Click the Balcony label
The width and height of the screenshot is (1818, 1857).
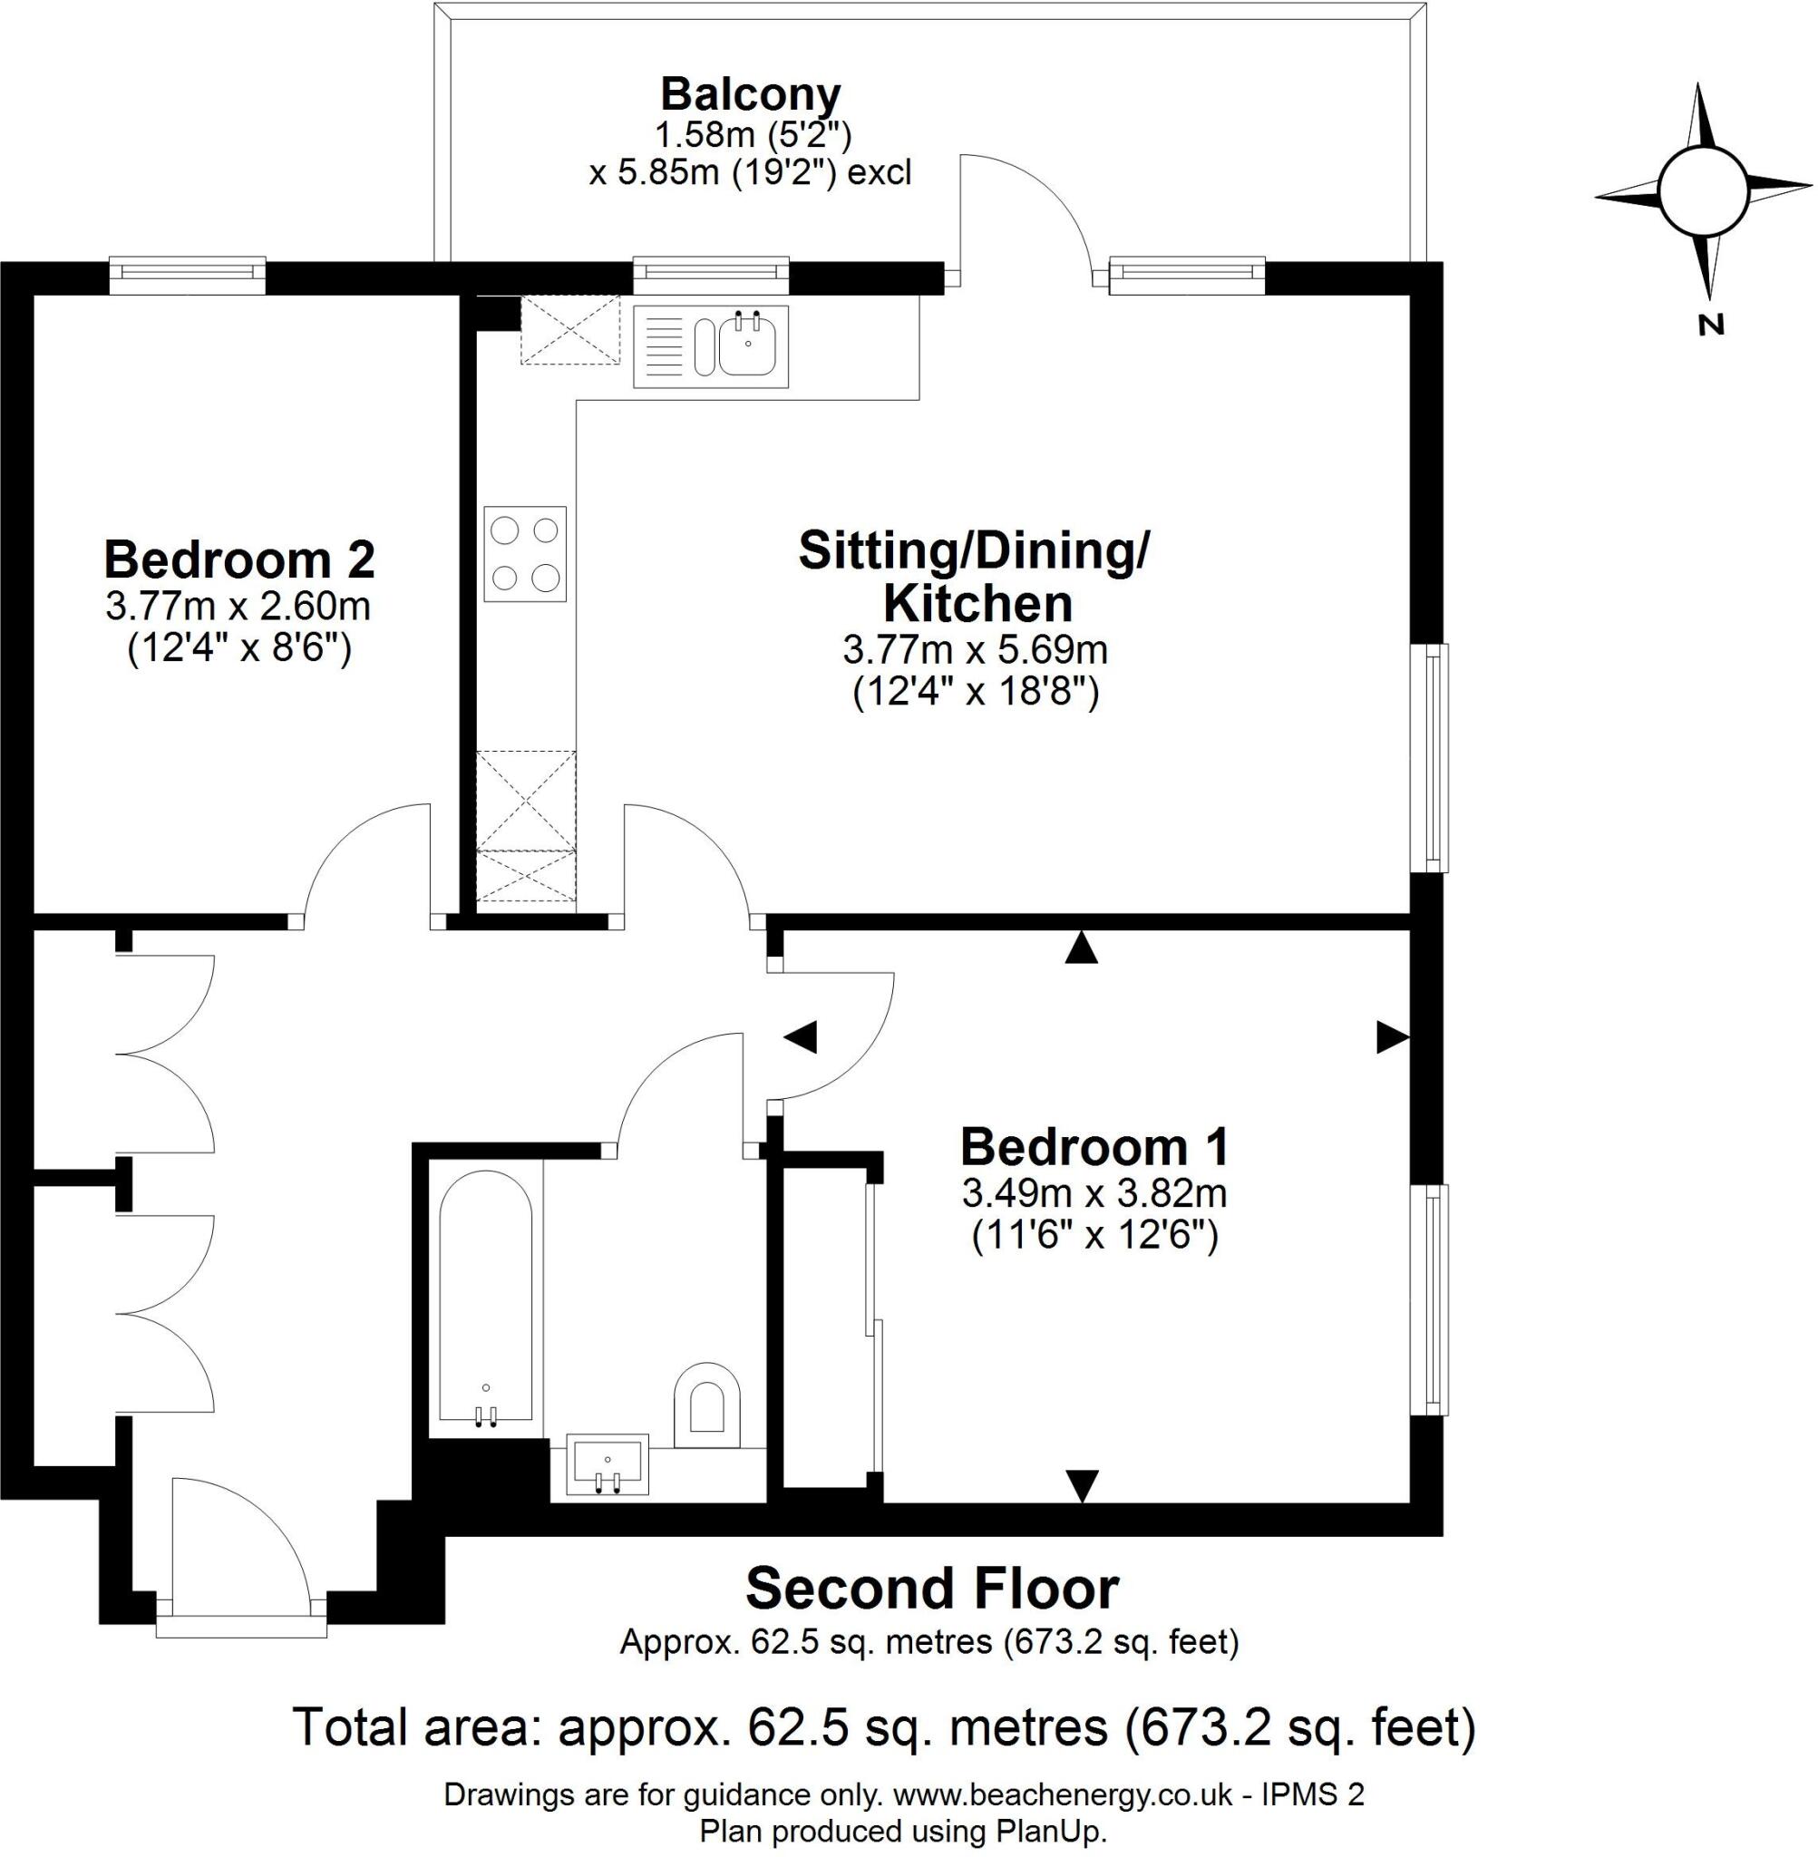(751, 95)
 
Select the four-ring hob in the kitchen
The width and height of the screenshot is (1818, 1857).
(524, 554)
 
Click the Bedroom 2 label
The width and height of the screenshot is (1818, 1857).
(238, 559)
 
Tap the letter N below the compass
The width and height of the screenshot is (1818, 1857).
(1711, 326)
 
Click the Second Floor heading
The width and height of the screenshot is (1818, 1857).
(931, 1590)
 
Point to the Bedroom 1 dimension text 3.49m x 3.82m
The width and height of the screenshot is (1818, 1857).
(1094, 1193)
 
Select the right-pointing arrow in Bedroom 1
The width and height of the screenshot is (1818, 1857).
(1391, 1037)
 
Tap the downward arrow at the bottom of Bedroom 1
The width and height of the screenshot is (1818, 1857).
(1082, 1484)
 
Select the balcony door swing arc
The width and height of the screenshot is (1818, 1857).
(1026, 215)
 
